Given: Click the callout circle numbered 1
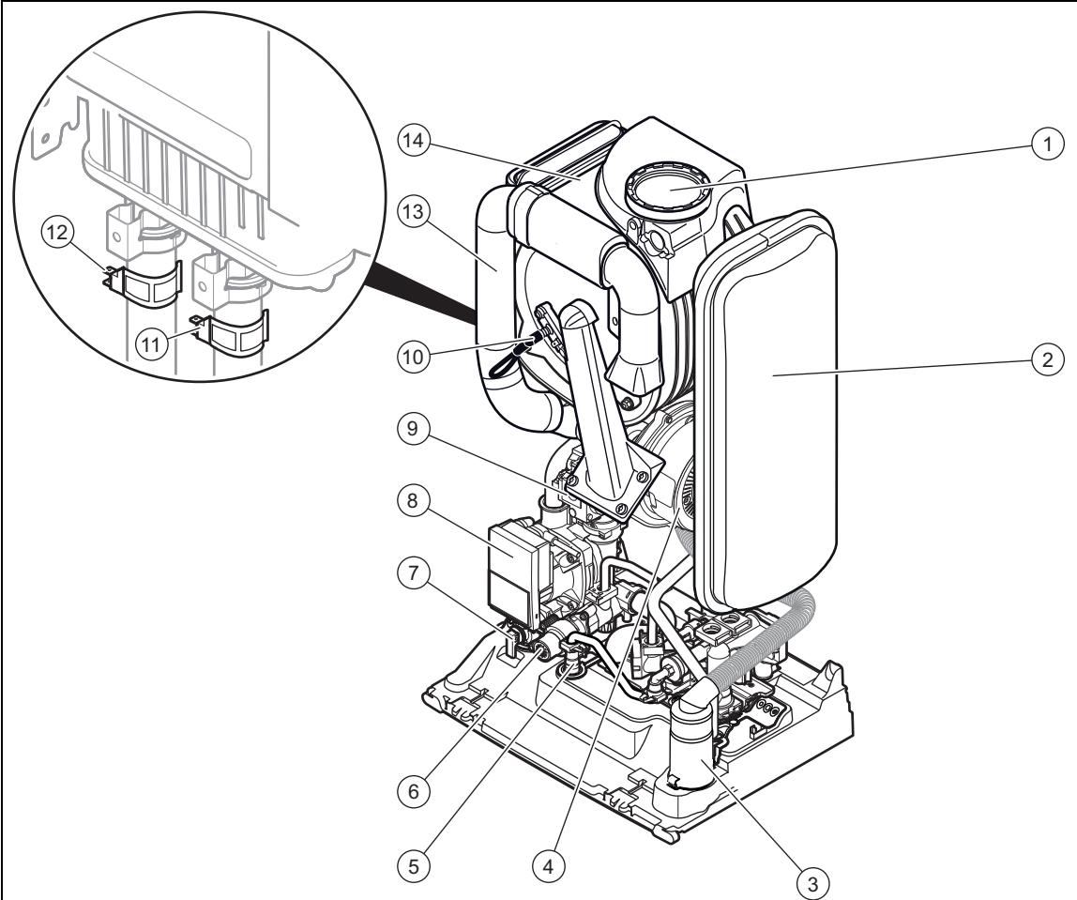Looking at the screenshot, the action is pyautogui.click(x=1047, y=145).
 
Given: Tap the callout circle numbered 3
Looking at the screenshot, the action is pyautogui.click(x=812, y=882).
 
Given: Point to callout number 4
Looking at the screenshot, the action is pyautogui.click(x=548, y=867).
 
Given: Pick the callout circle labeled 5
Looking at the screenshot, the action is pyautogui.click(x=413, y=867).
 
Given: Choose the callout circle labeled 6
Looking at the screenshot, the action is pyautogui.click(x=413, y=792).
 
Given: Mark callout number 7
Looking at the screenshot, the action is pyautogui.click(x=413, y=573).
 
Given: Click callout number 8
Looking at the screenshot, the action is pyautogui.click(x=413, y=501).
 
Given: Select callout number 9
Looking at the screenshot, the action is pyautogui.click(x=413, y=430).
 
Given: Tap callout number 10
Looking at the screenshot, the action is pyautogui.click(x=413, y=357).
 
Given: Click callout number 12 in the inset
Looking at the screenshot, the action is pyautogui.click(x=58, y=233).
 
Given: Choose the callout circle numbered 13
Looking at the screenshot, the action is pyautogui.click(x=413, y=212).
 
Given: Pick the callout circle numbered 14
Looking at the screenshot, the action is pyautogui.click(x=413, y=142).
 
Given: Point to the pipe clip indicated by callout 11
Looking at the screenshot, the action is pyautogui.click(x=230, y=332).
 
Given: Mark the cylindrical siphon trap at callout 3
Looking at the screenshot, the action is pyautogui.click(x=693, y=755).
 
